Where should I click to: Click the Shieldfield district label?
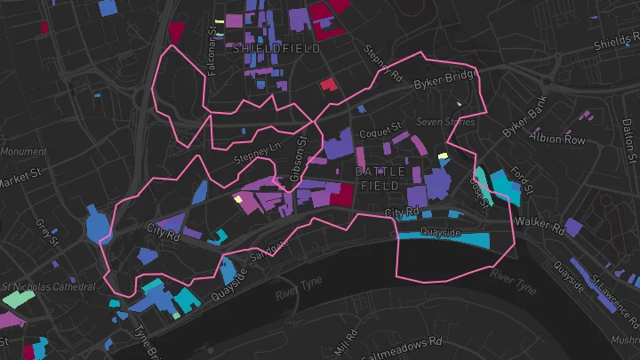[275, 49]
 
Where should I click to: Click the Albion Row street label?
[557, 140]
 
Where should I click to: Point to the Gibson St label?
[302, 158]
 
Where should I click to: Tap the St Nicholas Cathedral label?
[48, 287]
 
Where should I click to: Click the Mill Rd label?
[346, 343]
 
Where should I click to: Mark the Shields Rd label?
[617, 43]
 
